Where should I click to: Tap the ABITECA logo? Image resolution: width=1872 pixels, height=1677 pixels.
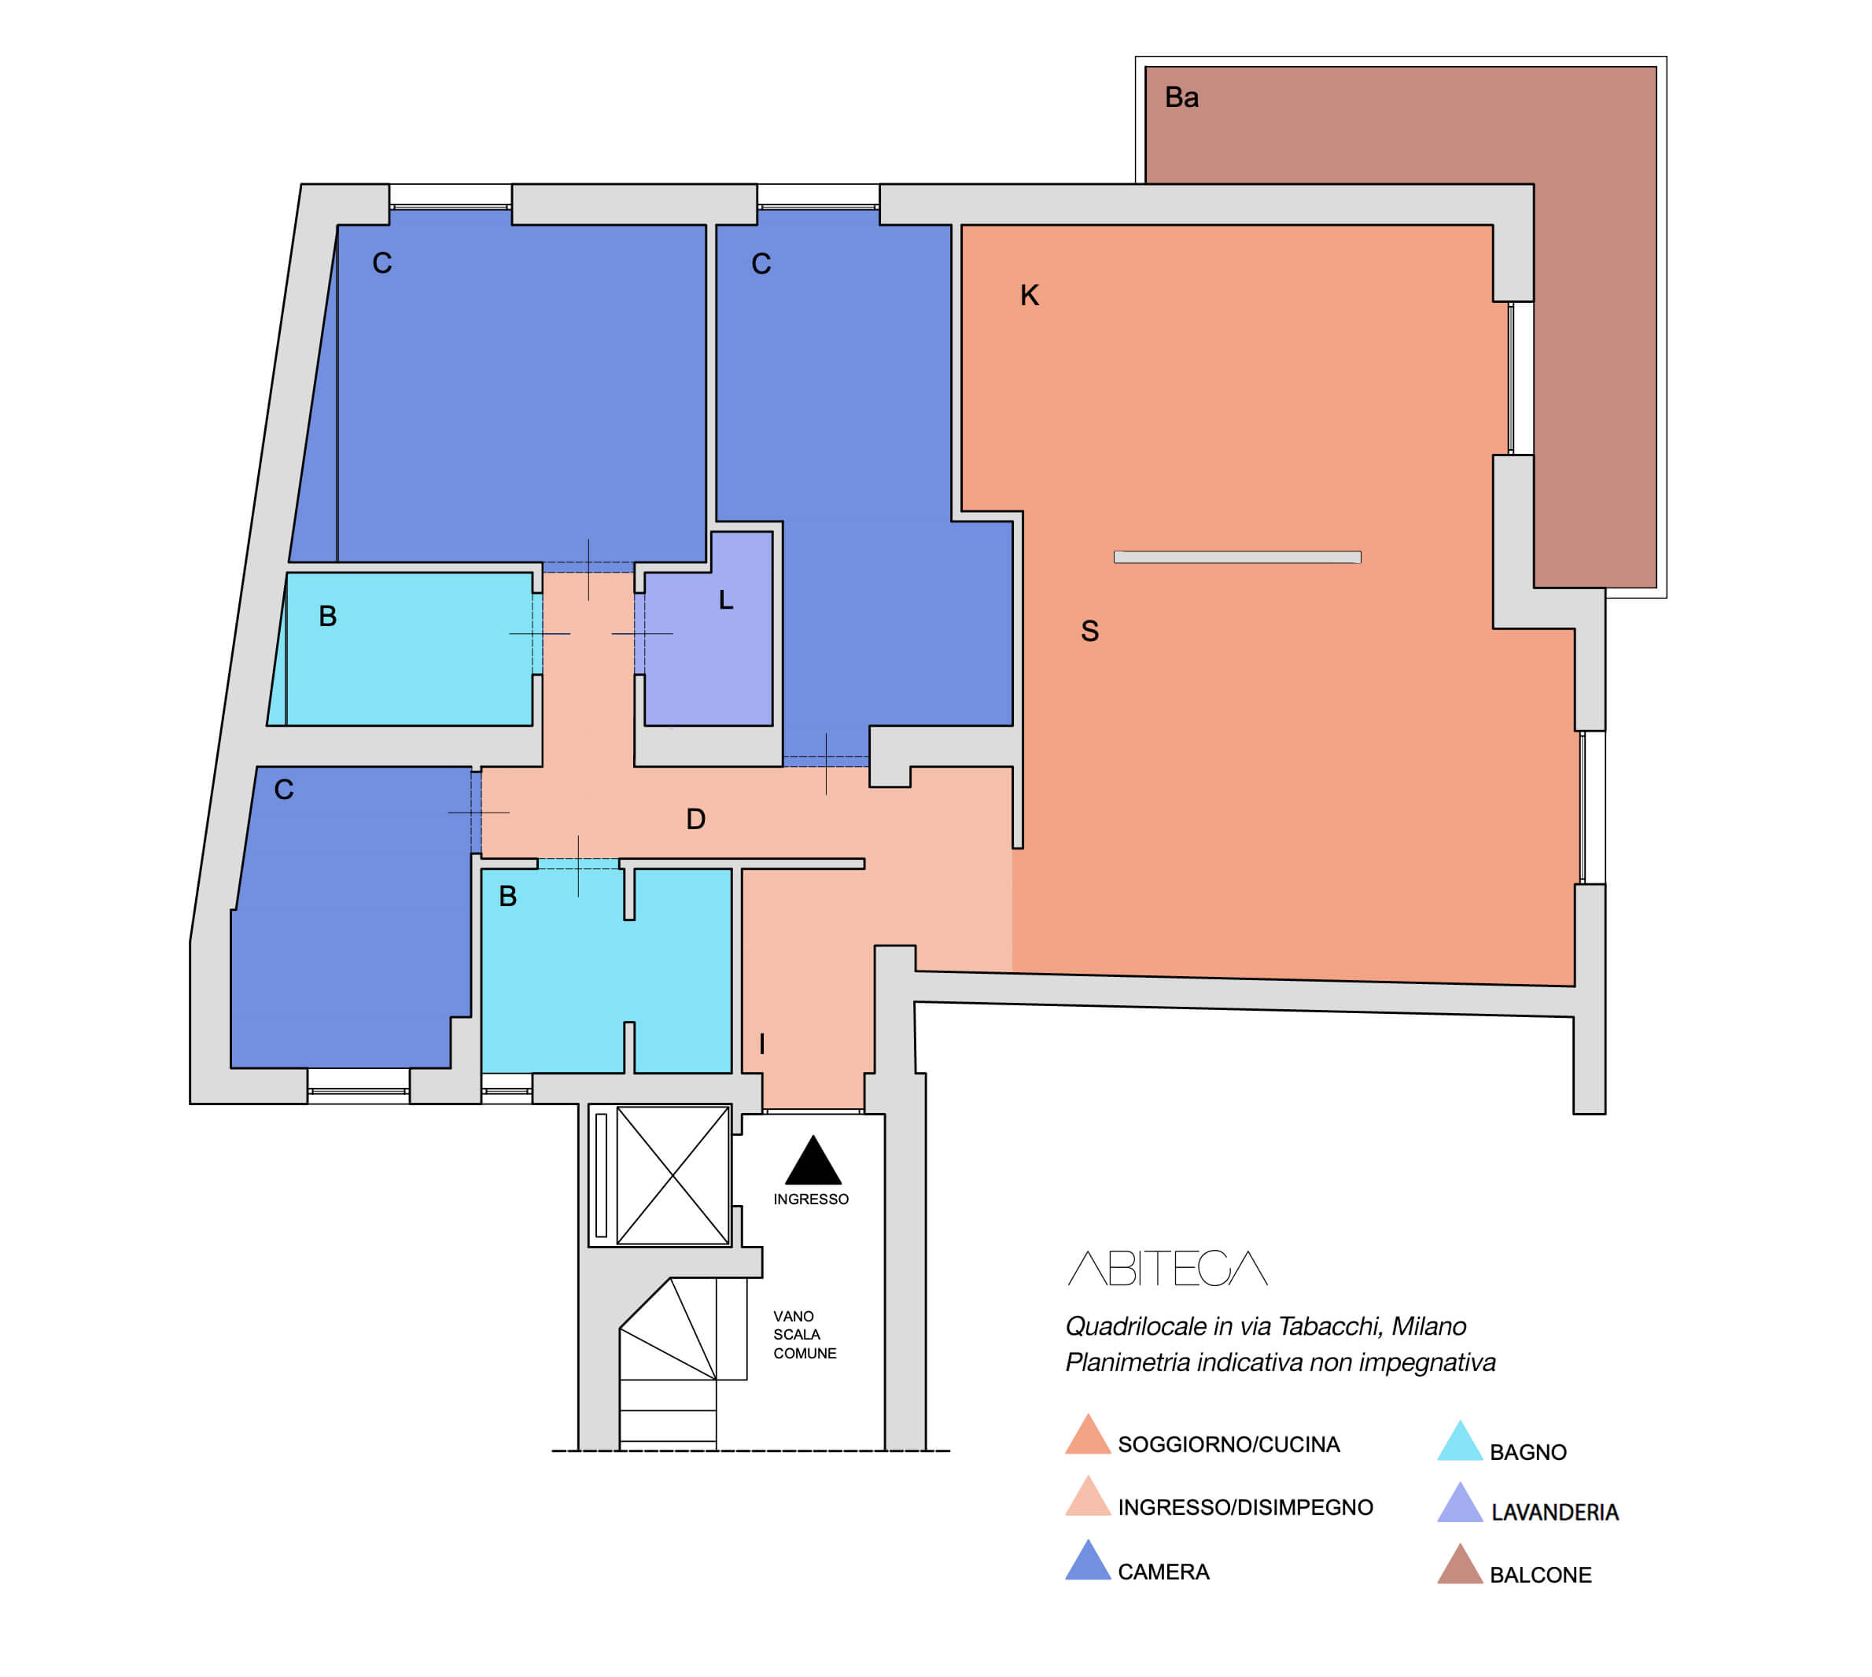(1167, 1268)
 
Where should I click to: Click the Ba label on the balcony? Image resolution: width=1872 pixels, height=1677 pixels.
(1181, 97)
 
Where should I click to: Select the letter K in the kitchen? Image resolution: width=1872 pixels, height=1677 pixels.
(1029, 295)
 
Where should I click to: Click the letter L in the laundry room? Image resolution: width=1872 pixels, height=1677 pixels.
(726, 600)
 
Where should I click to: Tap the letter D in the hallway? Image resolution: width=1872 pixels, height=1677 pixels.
(695, 818)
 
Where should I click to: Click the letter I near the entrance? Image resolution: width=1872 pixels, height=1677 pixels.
(762, 1044)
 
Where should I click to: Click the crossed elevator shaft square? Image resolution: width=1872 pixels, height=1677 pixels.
(673, 1176)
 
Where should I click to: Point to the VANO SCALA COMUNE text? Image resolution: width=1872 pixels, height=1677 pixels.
(805, 1334)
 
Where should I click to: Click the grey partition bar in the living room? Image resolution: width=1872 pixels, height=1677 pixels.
(1237, 557)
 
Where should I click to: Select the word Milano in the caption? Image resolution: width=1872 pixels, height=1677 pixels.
(1429, 1326)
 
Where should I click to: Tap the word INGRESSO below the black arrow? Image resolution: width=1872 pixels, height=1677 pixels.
(811, 1199)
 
